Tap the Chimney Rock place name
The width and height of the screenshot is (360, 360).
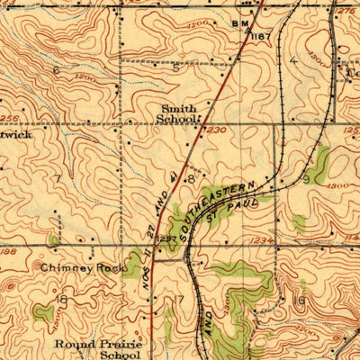pyautogui.click(x=70, y=267)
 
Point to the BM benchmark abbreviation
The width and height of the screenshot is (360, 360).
pyautogui.click(x=238, y=22)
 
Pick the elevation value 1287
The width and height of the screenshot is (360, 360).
pyautogui.click(x=166, y=239)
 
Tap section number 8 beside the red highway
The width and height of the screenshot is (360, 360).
pyautogui.click(x=192, y=178)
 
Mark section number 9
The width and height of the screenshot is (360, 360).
pyautogui.click(x=306, y=179)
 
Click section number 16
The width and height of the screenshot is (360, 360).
pyautogui.click(x=300, y=300)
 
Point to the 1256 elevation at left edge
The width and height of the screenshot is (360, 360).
pyautogui.click(x=9, y=117)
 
